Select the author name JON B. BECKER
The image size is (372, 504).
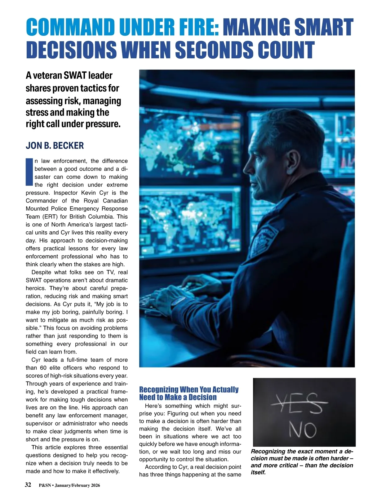click(x=55, y=145)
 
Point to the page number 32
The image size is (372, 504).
click(x=28, y=485)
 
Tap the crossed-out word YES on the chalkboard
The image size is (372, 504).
click(x=299, y=403)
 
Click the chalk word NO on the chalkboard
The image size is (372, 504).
click(x=303, y=430)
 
